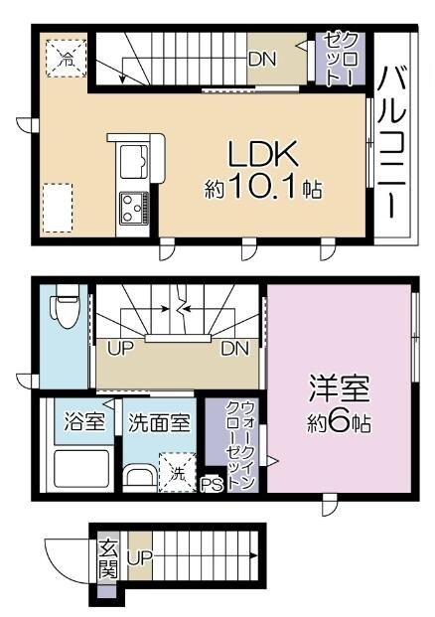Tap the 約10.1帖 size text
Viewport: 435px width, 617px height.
tap(263, 189)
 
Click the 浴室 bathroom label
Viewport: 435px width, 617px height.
tap(83, 421)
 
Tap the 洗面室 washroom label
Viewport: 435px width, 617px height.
tap(159, 421)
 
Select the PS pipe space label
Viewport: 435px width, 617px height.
tap(211, 486)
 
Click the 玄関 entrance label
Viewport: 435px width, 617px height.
tap(107, 560)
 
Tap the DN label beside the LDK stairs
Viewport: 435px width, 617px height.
tap(262, 57)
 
